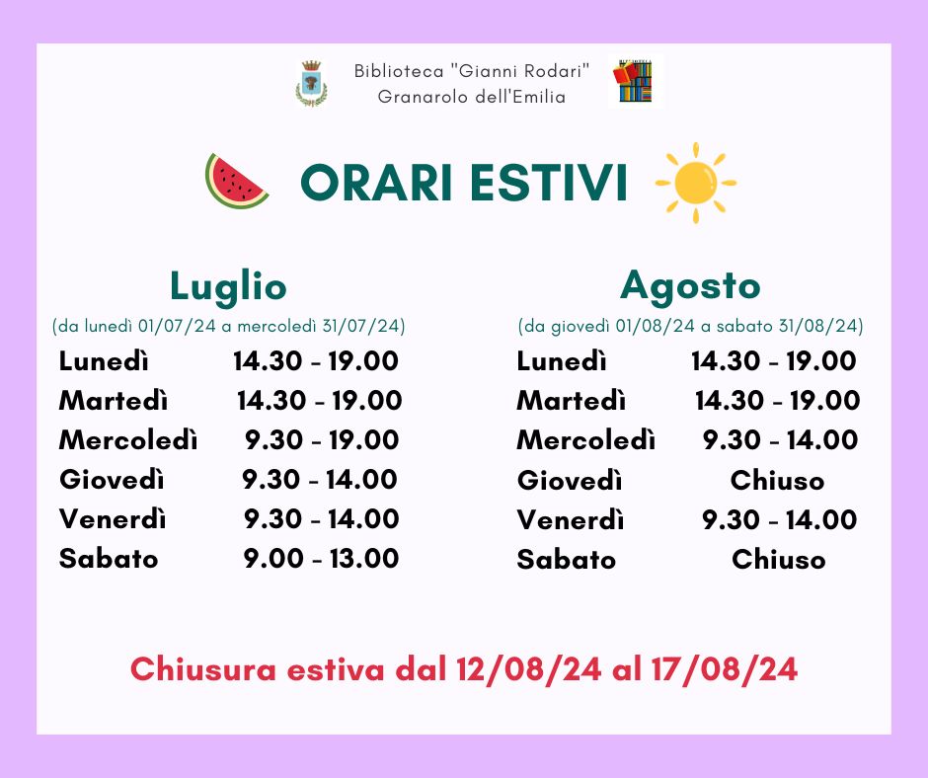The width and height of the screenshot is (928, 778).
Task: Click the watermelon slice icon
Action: pos(236,182)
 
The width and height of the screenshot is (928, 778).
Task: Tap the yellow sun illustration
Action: pos(695,183)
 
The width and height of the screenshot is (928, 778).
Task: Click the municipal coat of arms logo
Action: pos(311,84)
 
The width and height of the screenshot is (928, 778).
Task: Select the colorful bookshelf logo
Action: pos(635,81)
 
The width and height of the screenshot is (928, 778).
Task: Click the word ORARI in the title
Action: pos(376,183)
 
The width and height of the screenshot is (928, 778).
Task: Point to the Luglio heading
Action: pos(228,287)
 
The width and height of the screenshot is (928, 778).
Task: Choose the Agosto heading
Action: pos(690,286)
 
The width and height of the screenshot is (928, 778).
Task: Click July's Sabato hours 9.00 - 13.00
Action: pos(321,559)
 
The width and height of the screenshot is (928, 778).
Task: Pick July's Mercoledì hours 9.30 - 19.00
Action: pos(322,440)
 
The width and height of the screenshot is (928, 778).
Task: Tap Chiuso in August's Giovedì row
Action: pos(777,480)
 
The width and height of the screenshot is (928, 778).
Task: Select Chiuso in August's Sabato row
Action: pos(778,560)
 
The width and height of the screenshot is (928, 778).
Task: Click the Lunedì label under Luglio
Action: pos(104,361)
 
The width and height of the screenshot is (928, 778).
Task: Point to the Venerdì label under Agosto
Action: pos(571,520)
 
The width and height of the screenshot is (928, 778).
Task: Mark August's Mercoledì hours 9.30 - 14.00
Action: pos(780,440)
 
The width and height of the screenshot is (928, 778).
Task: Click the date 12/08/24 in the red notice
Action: pos(529,669)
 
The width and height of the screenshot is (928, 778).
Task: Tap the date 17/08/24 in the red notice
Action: pos(725,669)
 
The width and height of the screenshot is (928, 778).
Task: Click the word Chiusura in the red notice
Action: pos(203,669)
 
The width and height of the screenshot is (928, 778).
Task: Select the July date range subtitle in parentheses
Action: pos(228,326)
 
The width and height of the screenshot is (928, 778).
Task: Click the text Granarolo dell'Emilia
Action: pos(472,97)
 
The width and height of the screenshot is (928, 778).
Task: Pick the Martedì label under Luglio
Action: pos(114,401)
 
